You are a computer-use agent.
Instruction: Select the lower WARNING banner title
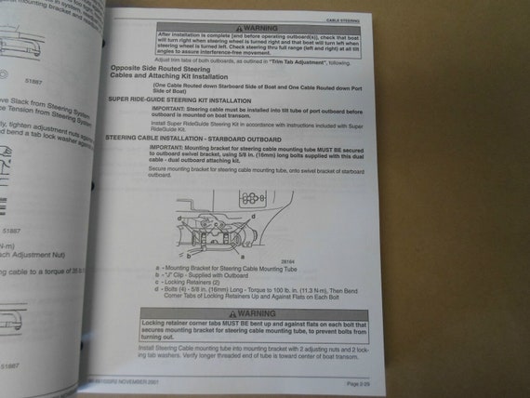tap(256, 314)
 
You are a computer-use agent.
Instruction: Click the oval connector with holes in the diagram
tap(252, 198)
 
